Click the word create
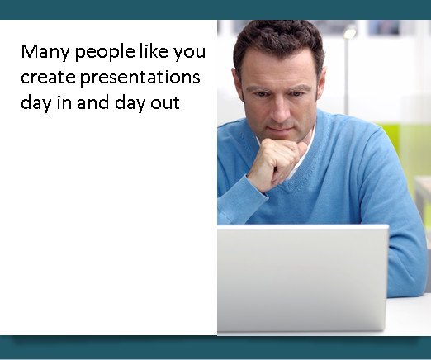[x=48, y=78]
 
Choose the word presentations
[x=140, y=78]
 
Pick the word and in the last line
[x=92, y=102]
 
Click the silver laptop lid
[x=302, y=278]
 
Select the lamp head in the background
[x=350, y=33]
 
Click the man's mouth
[x=281, y=130]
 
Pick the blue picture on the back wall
[x=384, y=27]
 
